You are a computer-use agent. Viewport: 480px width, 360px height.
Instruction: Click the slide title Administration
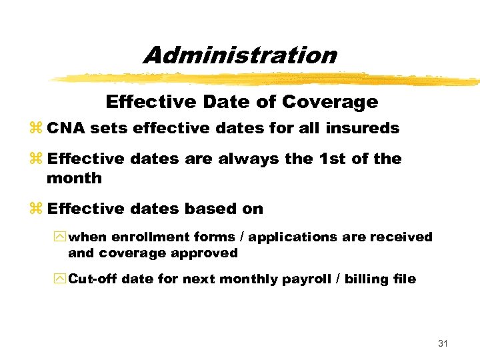(240, 55)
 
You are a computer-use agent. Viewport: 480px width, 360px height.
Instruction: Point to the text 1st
(331, 159)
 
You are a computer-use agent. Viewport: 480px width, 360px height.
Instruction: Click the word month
(74, 178)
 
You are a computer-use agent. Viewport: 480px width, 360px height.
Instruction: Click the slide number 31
(442, 343)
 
